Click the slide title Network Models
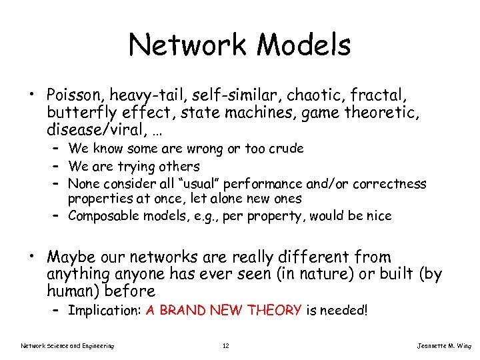pyautogui.click(x=239, y=45)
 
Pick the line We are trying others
pyautogui.click(x=134, y=166)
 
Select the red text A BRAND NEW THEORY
pyautogui.click(x=224, y=310)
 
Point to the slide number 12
pyautogui.click(x=226, y=345)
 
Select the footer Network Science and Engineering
pyautogui.click(x=67, y=345)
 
